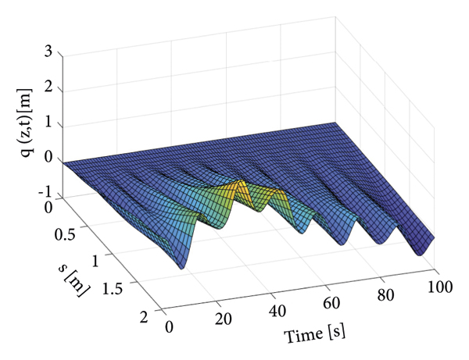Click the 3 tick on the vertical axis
tap(48, 52)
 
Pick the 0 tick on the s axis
tap(51, 207)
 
